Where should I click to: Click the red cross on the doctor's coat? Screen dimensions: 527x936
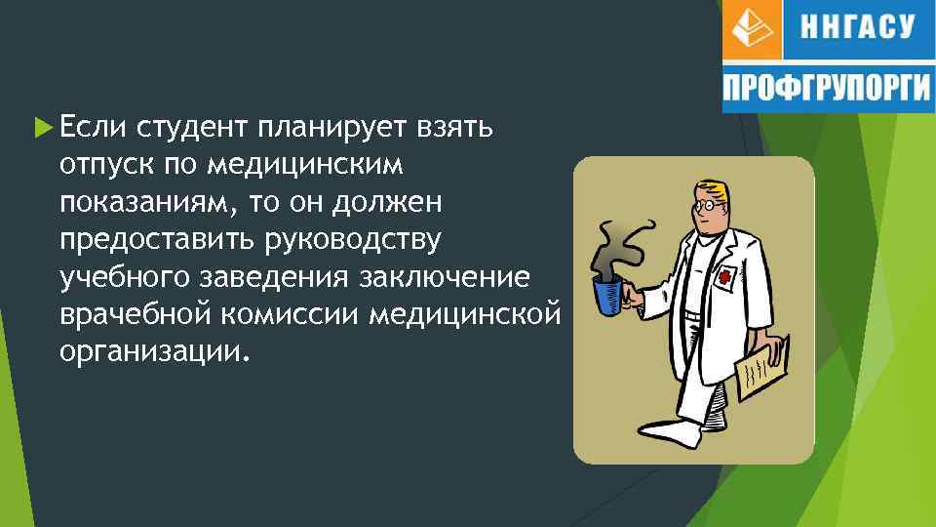[x=724, y=276]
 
